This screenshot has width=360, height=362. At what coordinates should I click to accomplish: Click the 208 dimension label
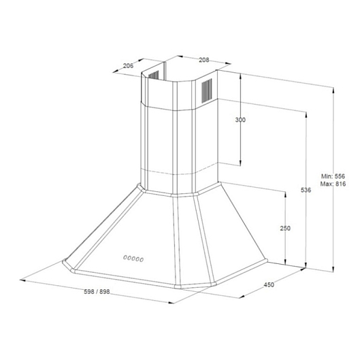[x=204, y=60]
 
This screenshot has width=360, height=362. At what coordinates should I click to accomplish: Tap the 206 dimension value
[x=128, y=66]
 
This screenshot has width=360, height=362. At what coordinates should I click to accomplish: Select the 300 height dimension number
[x=240, y=120]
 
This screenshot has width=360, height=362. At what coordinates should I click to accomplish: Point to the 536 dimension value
[x=306, y=190]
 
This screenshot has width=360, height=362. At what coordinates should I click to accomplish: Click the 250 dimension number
[x=285, y=228]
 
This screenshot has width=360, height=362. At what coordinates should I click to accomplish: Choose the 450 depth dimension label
[x=269, y=284]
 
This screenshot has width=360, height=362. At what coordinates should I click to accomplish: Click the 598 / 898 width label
[x=97, y=292]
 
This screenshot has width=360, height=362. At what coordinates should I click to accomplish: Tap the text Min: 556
[x=333, y=176]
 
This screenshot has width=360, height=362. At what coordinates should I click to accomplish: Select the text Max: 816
[x=333, y=184]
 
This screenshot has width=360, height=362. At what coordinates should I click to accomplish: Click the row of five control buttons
[x=133, y=259]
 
